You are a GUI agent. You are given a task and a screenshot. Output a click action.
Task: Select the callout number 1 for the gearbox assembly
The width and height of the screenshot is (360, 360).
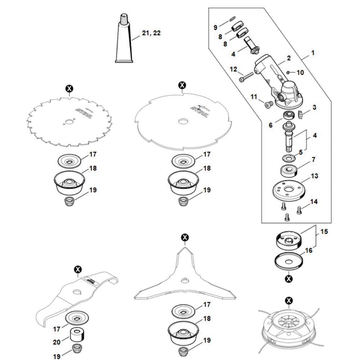pyautogui.click(x=313, y=53)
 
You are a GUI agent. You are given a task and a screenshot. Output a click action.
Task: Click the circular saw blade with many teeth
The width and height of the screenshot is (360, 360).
pyautogui.click(x=69, y=121)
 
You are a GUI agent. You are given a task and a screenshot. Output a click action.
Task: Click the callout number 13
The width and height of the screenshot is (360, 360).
pyautogui.click(x=314, y=176)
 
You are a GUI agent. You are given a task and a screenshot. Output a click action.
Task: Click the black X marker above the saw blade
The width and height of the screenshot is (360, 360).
pyautogui.click(x=69, y=88)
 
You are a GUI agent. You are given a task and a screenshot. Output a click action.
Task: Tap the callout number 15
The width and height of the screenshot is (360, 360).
pyautogui.click(x=324, y=231)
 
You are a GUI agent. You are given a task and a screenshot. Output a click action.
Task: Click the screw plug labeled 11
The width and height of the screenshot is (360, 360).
pyautogui.click(x=267, y=104)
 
